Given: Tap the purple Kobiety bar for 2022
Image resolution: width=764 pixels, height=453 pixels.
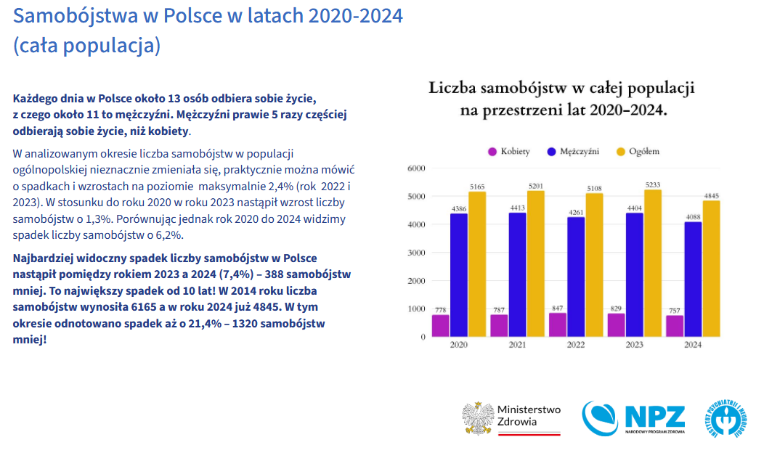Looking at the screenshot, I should coord(557,325).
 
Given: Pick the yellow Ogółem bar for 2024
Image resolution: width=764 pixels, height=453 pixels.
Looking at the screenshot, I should coord(711,269).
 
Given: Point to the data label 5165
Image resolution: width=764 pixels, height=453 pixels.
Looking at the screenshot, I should coord(477,187).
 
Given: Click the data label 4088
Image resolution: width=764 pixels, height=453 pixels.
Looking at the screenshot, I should coord(693,216).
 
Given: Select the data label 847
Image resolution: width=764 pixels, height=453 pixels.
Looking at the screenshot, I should coord(557,308).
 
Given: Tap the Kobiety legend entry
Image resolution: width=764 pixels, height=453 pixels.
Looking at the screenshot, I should coord(508,152).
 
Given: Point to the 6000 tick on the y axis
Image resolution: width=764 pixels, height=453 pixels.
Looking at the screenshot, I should coord(415,168).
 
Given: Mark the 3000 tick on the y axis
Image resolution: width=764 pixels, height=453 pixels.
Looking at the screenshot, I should coord(415,253).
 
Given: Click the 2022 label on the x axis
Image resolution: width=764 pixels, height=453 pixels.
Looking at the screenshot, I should coord(575,346).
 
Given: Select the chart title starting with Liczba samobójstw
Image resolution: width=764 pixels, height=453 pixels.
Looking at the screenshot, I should coord(562,99).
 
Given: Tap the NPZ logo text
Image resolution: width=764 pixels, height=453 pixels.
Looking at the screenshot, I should coord(654,416).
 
